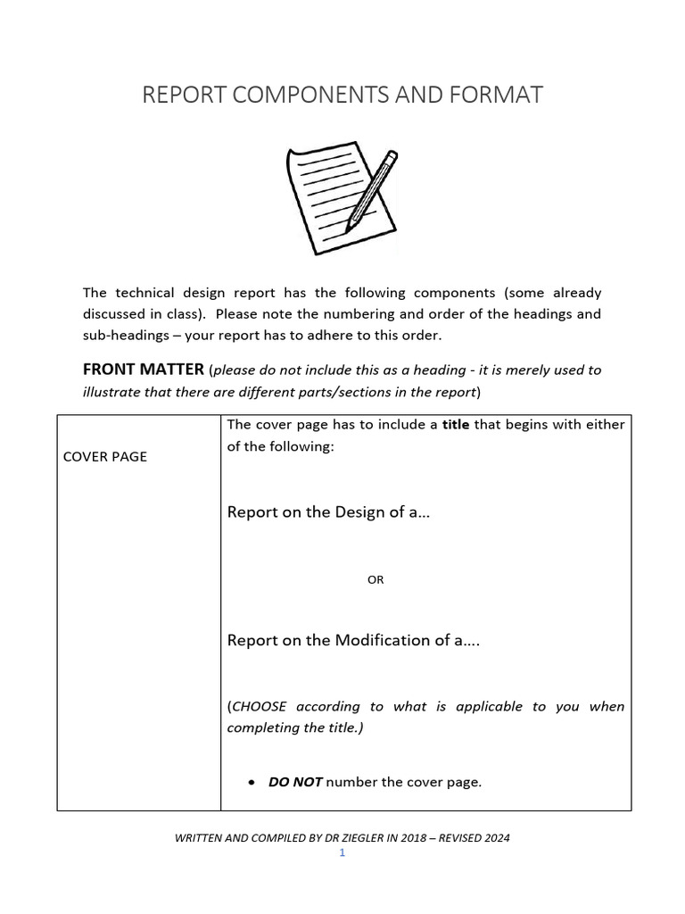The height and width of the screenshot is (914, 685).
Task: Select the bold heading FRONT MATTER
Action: coord(143,370)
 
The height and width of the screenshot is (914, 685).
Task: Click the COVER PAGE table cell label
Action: coord(105,457)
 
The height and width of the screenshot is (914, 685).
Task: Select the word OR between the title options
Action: coord(376,580)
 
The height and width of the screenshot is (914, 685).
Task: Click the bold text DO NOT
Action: coord(295,783)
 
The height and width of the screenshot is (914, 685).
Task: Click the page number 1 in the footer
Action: coord(342,853)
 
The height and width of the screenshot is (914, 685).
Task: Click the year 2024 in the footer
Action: coord(496,838)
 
